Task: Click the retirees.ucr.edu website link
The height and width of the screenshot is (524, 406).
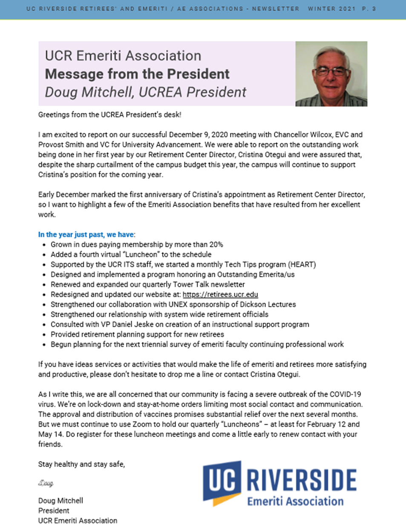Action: tap(220, 295)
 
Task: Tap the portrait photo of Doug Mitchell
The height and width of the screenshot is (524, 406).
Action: tap(331, 74)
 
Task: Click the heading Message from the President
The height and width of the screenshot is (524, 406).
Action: tap(137, 74)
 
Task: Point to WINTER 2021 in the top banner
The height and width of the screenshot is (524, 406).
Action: tap(337, 9)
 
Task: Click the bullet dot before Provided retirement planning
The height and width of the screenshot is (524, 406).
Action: tap(45, 335)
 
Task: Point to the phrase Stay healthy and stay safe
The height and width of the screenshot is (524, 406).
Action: tap(82, 464)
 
